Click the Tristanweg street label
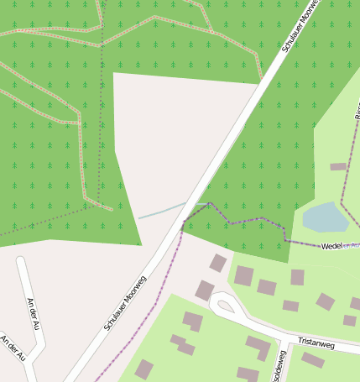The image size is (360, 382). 316,343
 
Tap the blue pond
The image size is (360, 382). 326,217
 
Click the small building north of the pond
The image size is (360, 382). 338,166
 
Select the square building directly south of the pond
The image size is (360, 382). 297,277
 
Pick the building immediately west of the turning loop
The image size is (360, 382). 205,290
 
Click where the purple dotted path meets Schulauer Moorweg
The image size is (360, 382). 183,222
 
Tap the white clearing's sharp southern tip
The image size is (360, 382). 141,244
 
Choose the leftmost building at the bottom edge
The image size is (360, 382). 144,369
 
